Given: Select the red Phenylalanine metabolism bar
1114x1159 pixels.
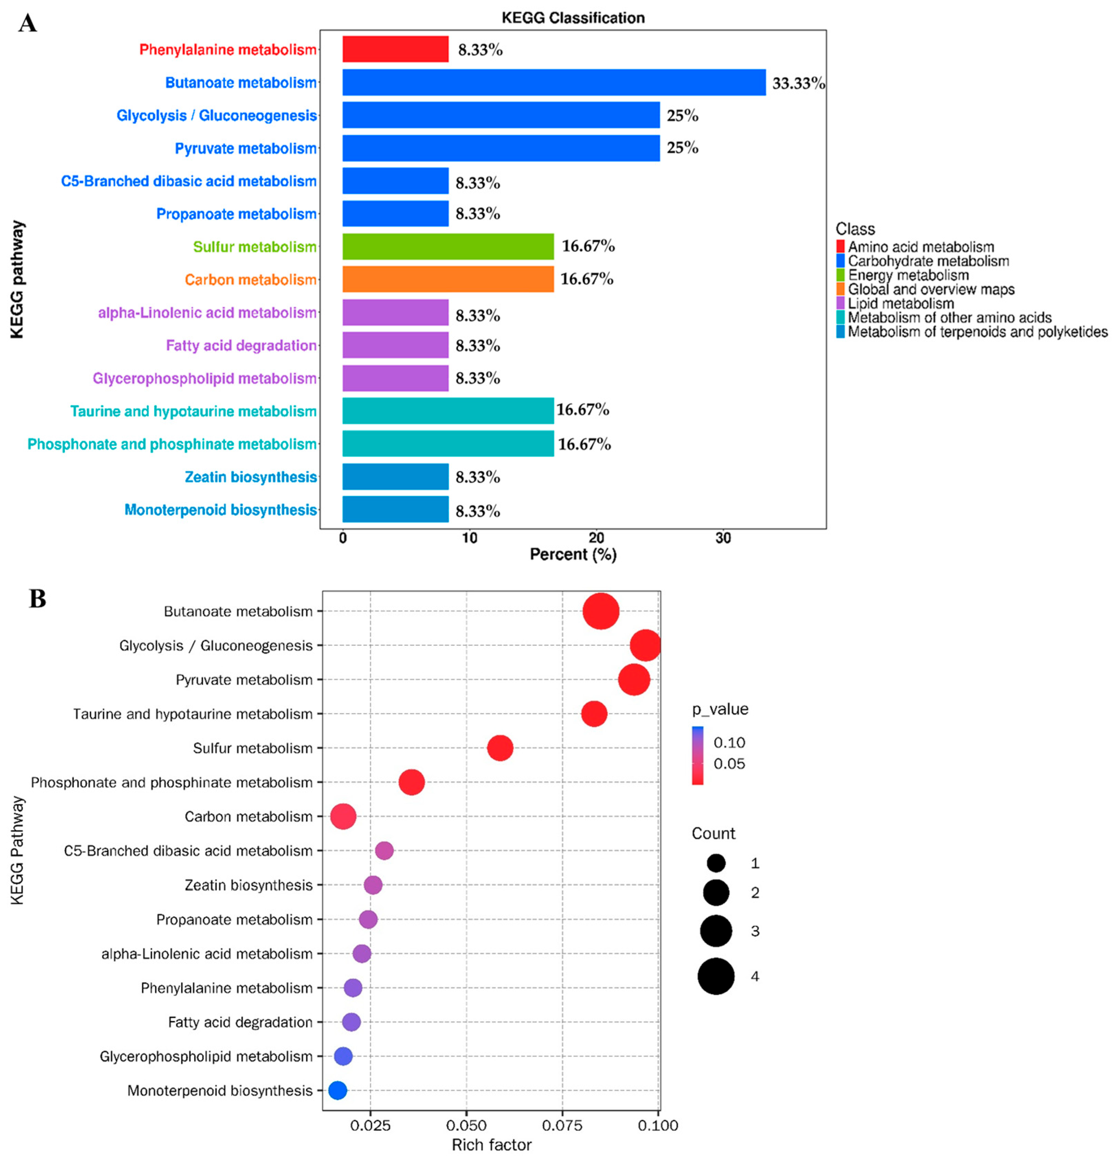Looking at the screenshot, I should (x=395, y=49).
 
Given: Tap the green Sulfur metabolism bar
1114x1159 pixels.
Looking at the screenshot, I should (x=448, y=246).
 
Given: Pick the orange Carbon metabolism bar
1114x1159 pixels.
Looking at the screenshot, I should (x=448, y=279).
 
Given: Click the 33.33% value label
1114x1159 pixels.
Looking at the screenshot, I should (x=798, y=84).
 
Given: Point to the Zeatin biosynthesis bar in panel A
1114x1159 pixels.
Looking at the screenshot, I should (x=395, y=477).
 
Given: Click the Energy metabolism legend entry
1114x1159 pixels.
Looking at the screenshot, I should (x=908, y=275).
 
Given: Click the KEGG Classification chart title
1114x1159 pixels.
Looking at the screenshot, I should (x=573, y=18).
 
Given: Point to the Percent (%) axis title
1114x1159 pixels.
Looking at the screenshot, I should (x=573, y=555).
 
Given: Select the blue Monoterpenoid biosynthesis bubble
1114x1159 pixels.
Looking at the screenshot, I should (x=337, y=1090).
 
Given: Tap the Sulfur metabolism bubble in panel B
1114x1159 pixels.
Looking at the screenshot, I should (x=500, y=748).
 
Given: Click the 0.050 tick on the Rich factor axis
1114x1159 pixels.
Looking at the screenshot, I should (x=466, y=1125).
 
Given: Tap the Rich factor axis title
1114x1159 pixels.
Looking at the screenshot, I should (x=491, y=1145).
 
